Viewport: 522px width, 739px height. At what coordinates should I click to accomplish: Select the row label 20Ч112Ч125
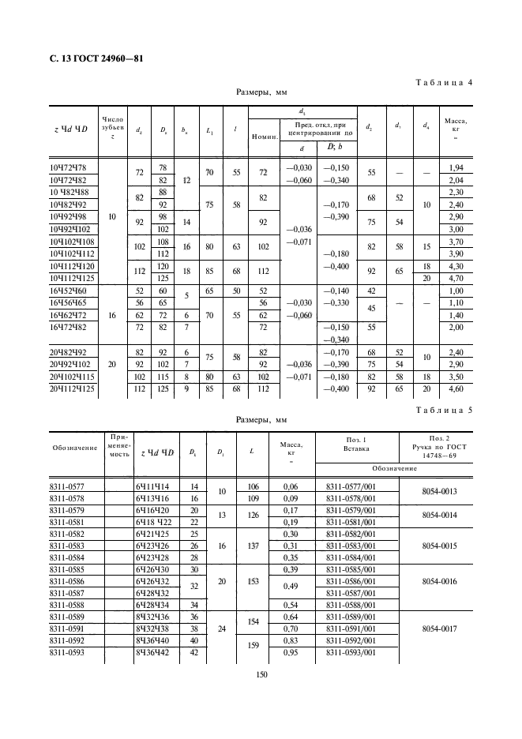[71, 388]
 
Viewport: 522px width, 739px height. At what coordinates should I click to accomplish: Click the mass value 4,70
[456, 279]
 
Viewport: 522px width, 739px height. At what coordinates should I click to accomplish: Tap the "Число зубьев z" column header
[112, 126]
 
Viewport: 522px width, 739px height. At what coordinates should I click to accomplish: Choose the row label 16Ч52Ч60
[69, 291]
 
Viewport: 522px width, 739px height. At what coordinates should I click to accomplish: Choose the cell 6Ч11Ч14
[154, 486]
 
